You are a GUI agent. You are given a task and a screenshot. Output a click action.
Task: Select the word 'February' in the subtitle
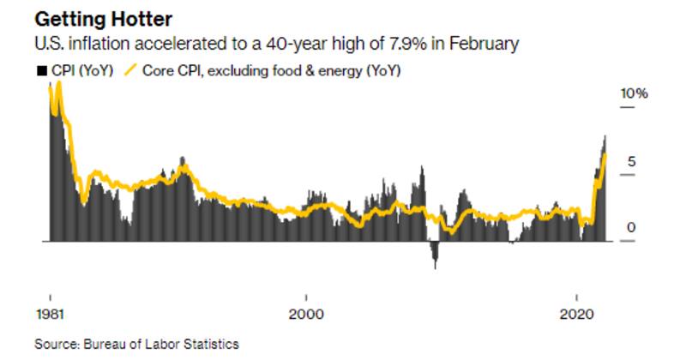pyautogui.click(x=486, y=43)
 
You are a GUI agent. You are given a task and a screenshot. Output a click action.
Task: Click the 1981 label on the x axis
pyautogui.click(x=48, y=313)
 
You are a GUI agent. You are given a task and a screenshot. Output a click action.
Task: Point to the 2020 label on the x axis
pyautogui.click(x=574, y=313)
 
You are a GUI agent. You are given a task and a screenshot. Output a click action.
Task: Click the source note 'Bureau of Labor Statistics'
pyautogui.click(x=161, y=344)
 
